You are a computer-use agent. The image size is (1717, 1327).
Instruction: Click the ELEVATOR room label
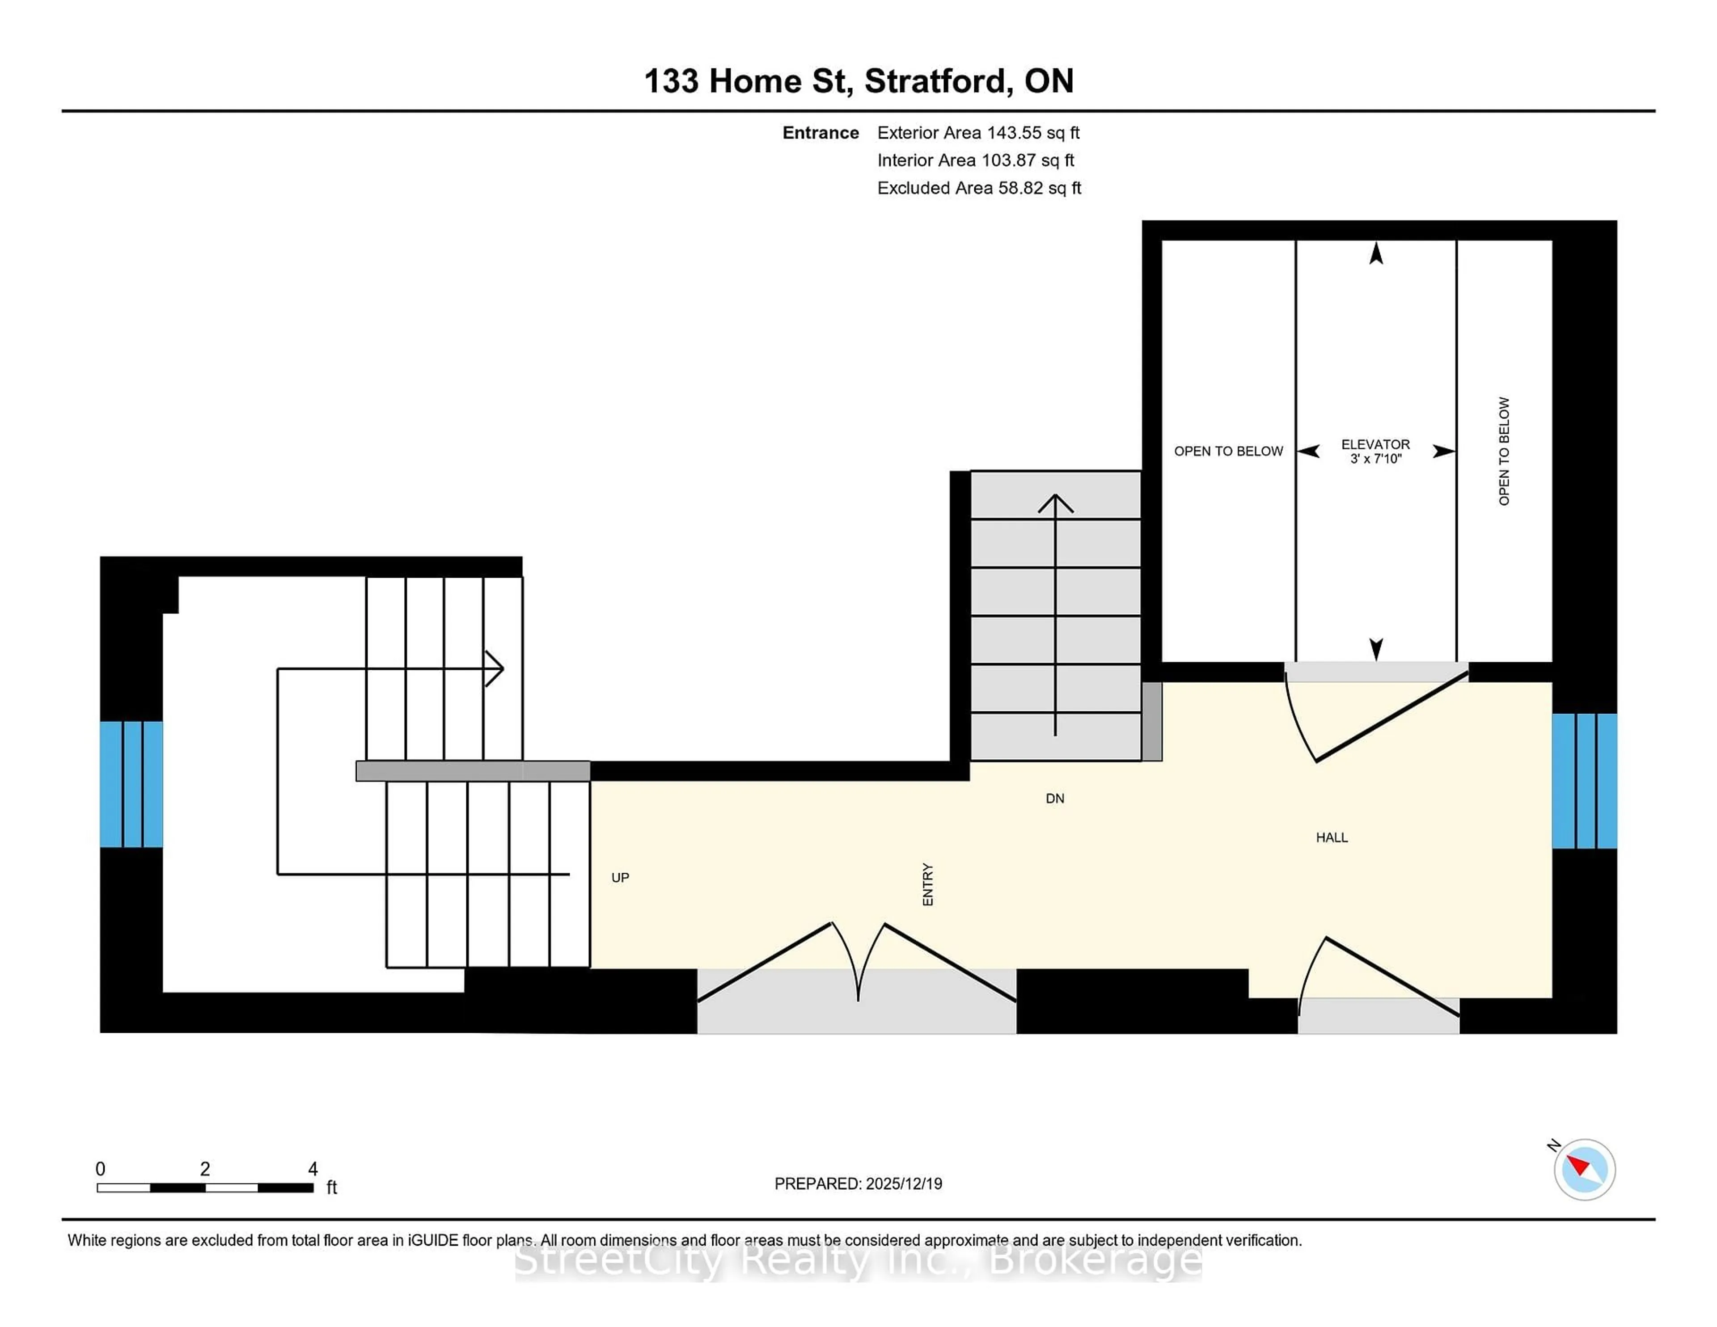click(x=1375, y=444)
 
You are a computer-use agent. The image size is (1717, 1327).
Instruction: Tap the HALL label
click(x=1332, y=838)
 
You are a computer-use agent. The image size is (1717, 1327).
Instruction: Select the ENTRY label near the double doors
click(x=928, y=884)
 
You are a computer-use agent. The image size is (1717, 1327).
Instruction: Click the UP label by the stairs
click(x=620, y=877)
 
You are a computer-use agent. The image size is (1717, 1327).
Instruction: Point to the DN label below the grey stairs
click(x=1055, y=799)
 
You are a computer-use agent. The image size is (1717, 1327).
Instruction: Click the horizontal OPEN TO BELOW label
click(x=1228, y=451)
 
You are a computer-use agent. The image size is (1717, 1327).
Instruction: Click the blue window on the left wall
click(x=131, y=784)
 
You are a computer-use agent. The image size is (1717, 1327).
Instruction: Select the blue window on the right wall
click(x=1584, y=781)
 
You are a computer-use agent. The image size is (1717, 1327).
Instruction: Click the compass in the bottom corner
click(x=1584, y=1169)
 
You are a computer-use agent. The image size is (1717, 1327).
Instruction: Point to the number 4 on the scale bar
click(x=313, y=1169)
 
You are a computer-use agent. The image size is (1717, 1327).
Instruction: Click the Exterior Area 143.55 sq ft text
click(x=978, y=133)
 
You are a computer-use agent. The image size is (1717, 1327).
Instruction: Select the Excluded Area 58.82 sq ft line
click(x=979, y=188)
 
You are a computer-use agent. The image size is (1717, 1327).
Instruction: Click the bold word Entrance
click(x=820, y=133)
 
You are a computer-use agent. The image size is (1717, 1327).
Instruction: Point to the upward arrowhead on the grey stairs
click(x=1055, y=503)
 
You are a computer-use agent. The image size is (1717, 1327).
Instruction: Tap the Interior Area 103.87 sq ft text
click(x=975, y=161)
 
